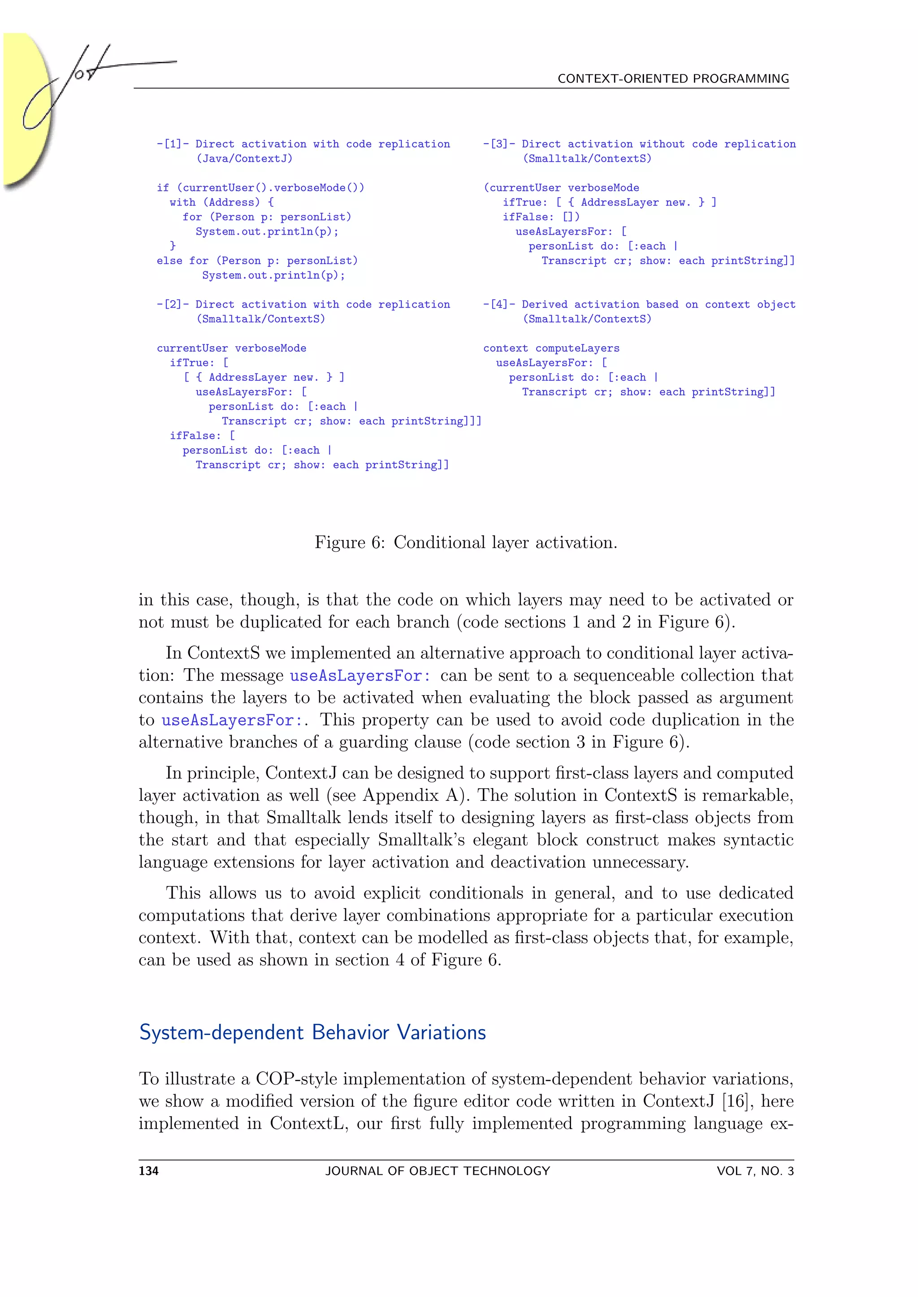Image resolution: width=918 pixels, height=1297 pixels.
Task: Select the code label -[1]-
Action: click(173, 144)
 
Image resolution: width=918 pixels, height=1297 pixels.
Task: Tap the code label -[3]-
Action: click(498, 144)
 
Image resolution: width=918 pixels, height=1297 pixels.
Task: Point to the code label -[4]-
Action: click(498, 305)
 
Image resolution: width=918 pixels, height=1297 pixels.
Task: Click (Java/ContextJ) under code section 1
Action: click(244, 159)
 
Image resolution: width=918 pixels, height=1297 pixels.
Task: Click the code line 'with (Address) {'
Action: click(221, 202)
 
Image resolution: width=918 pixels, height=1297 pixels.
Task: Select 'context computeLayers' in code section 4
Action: click(551, 348)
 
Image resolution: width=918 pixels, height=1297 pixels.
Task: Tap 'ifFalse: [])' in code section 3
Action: click(541, 217)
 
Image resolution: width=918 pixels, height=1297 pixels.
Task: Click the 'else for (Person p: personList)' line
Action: click(257, 261)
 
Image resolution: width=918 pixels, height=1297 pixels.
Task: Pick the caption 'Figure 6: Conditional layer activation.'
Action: click(466, 543)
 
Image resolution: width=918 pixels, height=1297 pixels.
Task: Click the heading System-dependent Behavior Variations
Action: click(312, 1033)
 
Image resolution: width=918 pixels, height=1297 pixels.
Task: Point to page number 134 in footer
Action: click(149, 1171)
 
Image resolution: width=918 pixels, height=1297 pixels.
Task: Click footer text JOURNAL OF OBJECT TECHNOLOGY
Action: click(437, 1171)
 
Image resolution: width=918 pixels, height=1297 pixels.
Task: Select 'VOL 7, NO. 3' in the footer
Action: click(755, 1171)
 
